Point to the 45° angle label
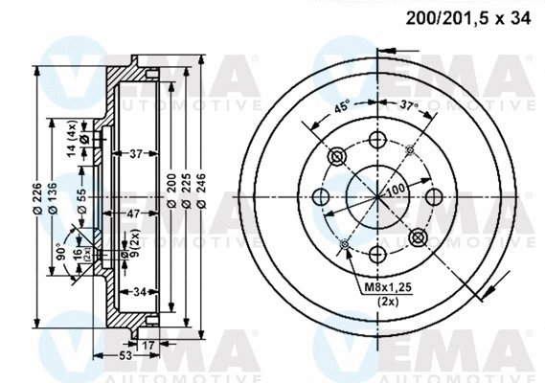pyautogui.click(x=342, y=107)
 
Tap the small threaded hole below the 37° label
pyautogui.click(x=409, y=148)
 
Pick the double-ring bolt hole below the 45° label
pyautogui.click(x=336, y=156)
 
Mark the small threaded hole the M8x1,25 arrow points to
pyautogui.click(x=344, y=244)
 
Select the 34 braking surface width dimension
pyautogui.click(x=139, y=293)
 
